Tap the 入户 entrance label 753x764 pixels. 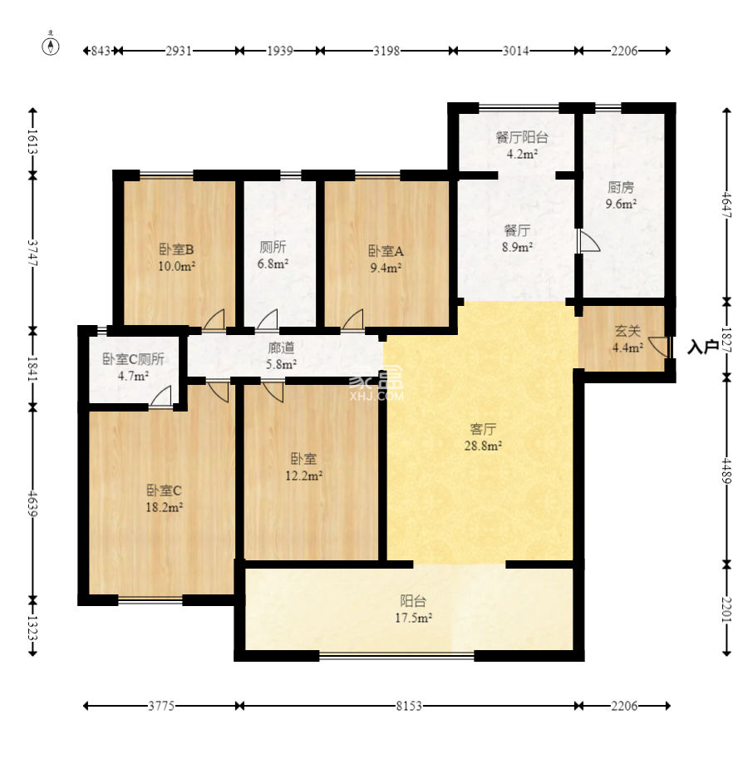point(703,347)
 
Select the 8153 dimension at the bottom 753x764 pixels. point(408,706)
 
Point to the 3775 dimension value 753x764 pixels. point(161,706)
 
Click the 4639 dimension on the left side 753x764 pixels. point(32,503)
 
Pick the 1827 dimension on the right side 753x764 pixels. point(726,340)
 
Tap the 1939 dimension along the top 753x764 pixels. point(279,51)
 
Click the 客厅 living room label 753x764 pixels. point(483,429)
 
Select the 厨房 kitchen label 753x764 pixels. point(621,187)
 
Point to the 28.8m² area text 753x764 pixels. point(483,446)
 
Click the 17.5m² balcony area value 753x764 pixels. point(414,618)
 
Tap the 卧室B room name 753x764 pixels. point(176,249)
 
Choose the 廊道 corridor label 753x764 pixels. point(281,347)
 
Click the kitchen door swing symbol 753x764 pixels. point(589,241)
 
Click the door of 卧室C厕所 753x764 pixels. point(161,396)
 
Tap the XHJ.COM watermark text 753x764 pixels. point(376,396)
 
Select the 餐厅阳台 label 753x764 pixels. point(522,137)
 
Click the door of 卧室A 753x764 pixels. point(353,319)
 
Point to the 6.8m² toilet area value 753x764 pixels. point(273,264)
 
